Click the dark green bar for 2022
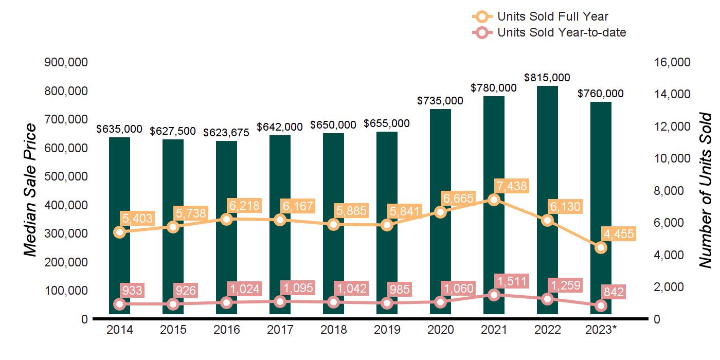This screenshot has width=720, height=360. coord(547,154)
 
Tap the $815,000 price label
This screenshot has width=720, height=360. coord(547,78)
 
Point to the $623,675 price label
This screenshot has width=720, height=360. coord(226,133)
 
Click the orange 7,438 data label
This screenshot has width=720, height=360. coord(511,186)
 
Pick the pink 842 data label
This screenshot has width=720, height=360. coord(614,293)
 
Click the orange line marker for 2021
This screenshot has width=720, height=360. coord(494,200)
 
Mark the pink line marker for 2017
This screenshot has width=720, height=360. coord(280,302)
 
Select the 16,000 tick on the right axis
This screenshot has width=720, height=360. coord(671,62)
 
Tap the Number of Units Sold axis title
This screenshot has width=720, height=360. coord(705,190)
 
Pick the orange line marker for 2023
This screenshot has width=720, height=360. coord(601,248)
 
